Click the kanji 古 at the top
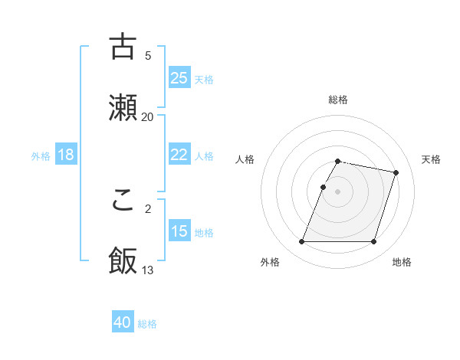123,47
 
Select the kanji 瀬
123,107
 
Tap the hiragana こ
123,200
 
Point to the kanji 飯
123,260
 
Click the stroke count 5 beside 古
147,55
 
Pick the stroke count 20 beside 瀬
147,116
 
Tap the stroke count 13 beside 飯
147,270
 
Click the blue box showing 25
179,78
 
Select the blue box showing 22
179,155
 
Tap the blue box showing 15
179,231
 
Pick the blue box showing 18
66,155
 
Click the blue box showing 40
123,323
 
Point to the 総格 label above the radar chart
338,100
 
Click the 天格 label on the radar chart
432,159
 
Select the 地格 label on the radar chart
402,262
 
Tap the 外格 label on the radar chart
270,262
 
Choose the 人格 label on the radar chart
245,159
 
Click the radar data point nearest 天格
396,173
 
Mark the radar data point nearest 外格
302,242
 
